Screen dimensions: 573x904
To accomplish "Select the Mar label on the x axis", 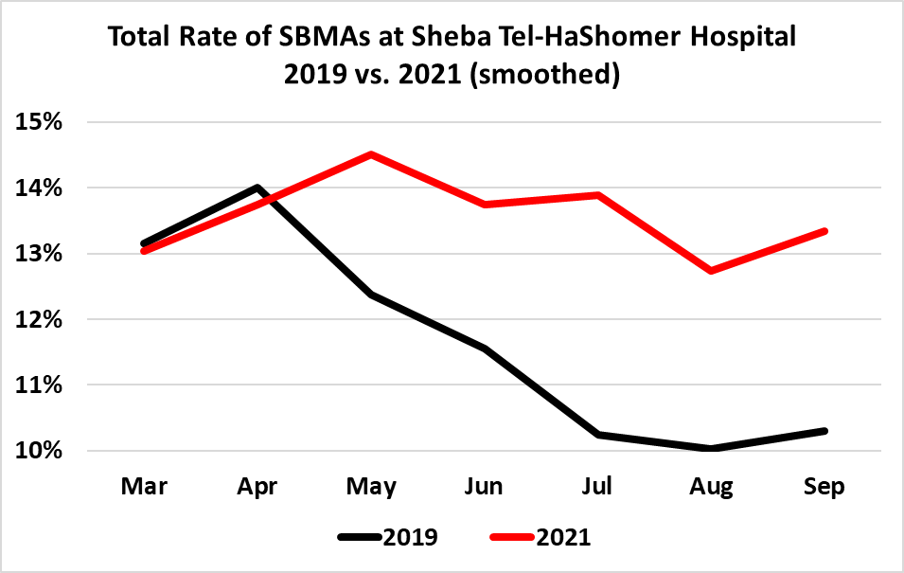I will [x=144, y=487].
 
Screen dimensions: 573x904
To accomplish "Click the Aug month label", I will [x=711, y=487].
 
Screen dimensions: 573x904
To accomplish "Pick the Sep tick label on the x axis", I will [x=824, y=487].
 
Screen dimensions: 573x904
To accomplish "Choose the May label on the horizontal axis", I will [x=371, y=487].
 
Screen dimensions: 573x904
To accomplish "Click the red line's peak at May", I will [x=371, y=154].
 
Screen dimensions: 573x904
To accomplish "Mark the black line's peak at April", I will [x=257, y=188].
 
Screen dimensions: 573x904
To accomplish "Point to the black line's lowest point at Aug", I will [x=711, y=448].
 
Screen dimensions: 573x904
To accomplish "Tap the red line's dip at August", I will [x=711, y=271].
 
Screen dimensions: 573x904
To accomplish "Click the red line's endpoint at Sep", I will [x=824, y=231].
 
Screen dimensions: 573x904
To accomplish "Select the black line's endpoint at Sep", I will [x=824, y=431].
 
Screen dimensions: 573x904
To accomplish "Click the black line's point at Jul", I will [x=598, y=434].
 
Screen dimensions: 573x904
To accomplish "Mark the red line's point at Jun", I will [x=485, y=204].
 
